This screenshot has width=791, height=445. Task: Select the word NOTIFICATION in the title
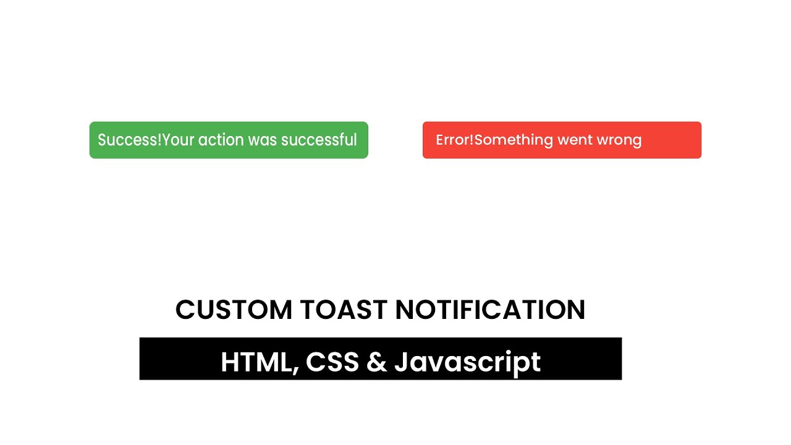click(490, 310)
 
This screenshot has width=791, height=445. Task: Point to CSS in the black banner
click(332, 362)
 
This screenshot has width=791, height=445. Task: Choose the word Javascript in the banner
click(468, 363)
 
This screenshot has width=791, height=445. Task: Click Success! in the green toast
click(129, 140)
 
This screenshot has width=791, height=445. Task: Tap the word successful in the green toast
click(319, 140)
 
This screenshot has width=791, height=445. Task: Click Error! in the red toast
click(454, 140)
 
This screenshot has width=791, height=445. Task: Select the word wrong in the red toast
click(619, 140)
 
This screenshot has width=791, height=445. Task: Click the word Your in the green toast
click(178, 140)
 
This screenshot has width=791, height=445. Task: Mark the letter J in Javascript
click(401, 362)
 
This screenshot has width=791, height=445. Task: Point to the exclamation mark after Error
click(472, 140)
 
